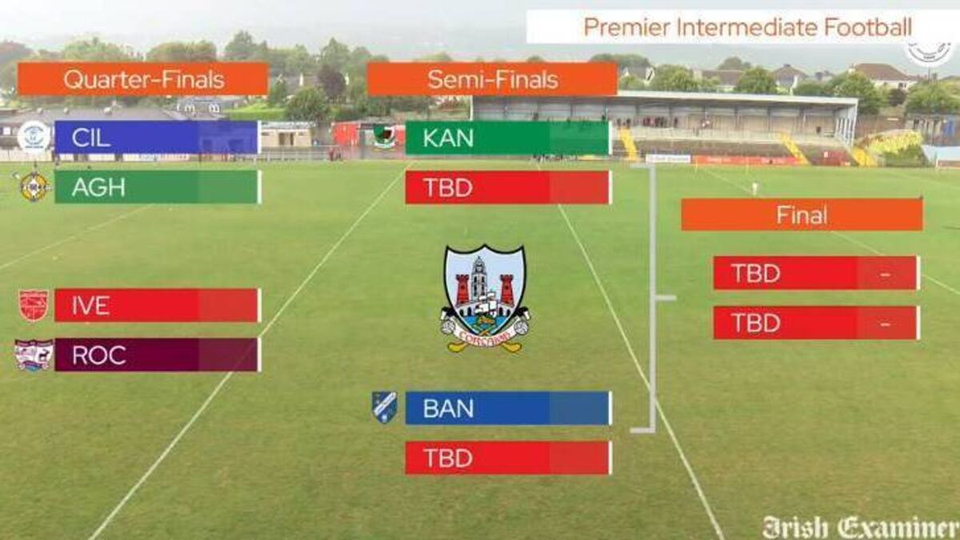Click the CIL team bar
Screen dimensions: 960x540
coord(158,137)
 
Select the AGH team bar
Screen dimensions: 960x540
coord(158,187)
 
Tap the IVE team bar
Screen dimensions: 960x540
coord(158,305)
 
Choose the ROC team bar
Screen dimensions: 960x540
coord(158,355)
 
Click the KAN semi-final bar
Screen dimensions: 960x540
coord(509,138)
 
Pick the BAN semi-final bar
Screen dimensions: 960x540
coord(509,408)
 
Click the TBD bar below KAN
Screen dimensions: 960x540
coord(509,187)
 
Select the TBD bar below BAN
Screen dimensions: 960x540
coord(509,458)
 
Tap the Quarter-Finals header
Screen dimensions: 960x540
coord(143,79)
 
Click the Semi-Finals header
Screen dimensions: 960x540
coord(493,79)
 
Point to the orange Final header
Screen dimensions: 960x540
coord(802,214)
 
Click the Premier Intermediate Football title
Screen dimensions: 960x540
coord(747,27)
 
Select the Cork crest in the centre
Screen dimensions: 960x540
coord(485,298)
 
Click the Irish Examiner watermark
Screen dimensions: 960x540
coord(860,527)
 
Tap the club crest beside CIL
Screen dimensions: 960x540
coord(34,137)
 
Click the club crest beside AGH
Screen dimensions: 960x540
coord(34,187)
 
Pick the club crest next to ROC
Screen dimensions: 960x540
coord(34,355)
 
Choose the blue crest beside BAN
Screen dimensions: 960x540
coord(384,407)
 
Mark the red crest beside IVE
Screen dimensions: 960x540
coord(34,306)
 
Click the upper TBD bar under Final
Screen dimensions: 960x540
coord(817,273)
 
